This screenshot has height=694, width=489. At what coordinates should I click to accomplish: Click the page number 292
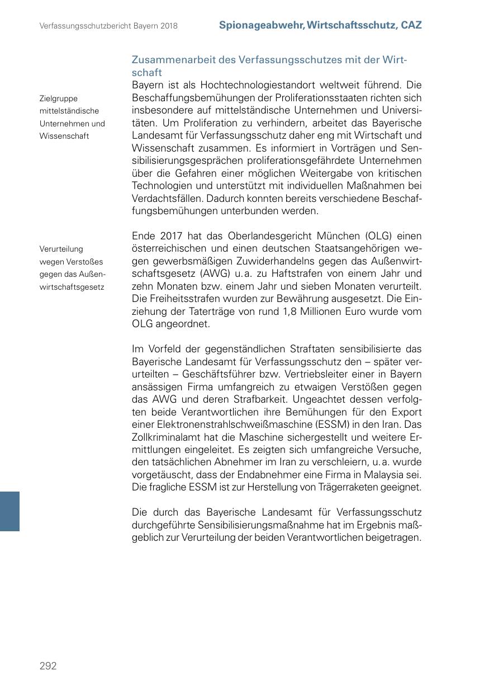(x=48, y=665)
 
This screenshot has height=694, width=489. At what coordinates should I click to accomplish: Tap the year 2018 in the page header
(x=168, y=26)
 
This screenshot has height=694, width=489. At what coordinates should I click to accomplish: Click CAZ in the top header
(x=411, y=25)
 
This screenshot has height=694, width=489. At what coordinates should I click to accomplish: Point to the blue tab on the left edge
(x=10, y=511)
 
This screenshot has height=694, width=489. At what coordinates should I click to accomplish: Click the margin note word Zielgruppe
(x=59, y=98)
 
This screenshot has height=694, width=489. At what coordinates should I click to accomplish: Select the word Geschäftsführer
(x=224, y=375)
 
